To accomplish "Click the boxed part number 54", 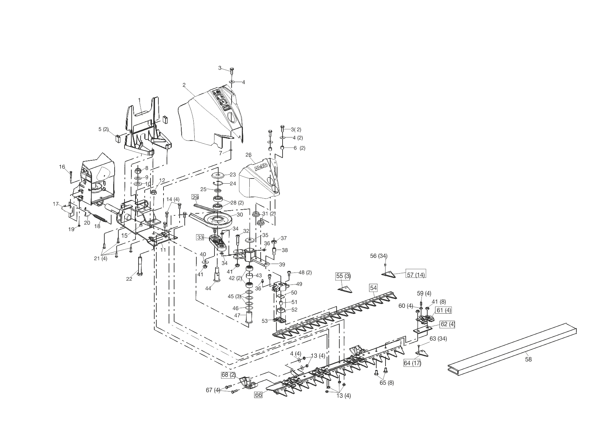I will pyautogui.click(x=373, y=288).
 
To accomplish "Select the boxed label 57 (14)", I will pyautogui.click(x=416, y=274).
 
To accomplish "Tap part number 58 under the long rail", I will pyautogui.click(x=528, y=359).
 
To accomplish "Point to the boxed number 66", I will pyautogui.click(x=258, y=395).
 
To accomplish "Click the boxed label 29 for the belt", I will pyautogui.click(x=195, y=197).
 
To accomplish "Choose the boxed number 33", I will pyautogui.click(x=200, y=237).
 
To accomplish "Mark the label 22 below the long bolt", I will pyautogui.click(x=129, y=279).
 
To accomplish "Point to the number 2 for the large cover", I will pyautogui.click(x=184, y=85).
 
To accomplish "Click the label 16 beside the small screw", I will pyautogui.click(x=62, y=167).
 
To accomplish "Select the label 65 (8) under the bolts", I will pyautogui.click(x=387, y=383).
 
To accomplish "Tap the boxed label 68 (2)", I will pyautogui.click(x=228, y=375).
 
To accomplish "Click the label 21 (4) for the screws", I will pyautogui.click(x=101, y=258).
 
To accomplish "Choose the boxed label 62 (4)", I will pyautogui.click(x=447, y=324).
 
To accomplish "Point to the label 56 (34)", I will pyautogui.click(x=379, y=256).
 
